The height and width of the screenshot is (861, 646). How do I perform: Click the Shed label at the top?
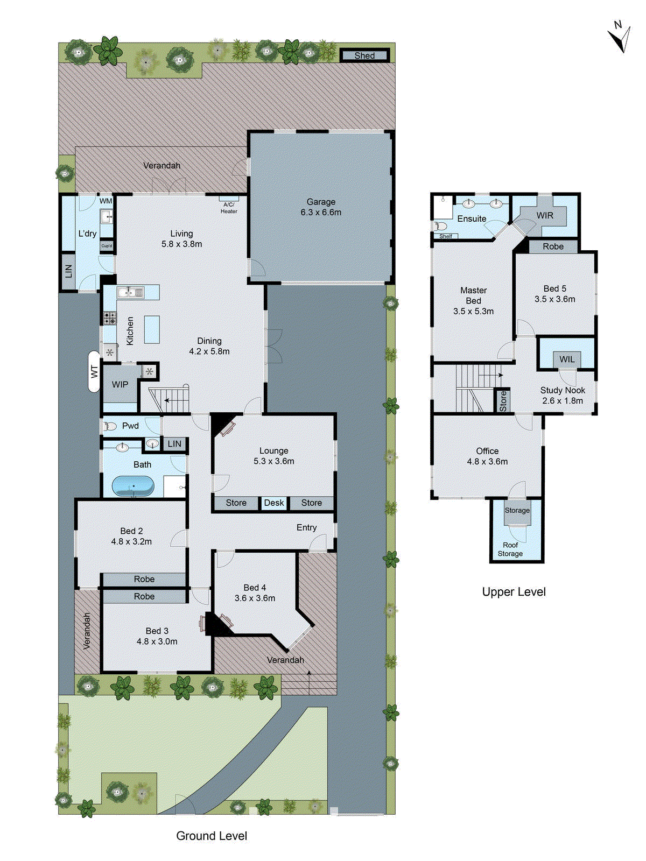click(364, 55)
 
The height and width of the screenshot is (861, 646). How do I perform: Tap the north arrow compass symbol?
click(620, 38)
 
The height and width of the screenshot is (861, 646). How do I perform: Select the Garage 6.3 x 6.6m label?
click(321, 207)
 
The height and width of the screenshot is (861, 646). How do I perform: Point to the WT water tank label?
click(94, 371)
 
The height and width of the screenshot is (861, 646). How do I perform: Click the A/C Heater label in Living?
click(229, 208)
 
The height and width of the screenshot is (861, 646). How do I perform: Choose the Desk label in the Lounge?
click(273, 503)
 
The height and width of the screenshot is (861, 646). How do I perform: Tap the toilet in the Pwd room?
click(110, 426)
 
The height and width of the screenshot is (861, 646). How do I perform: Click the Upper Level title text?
click(514, 592)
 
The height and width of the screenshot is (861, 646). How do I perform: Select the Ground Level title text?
click(212, 836)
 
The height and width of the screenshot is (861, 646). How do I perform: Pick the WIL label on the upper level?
click(567, 359)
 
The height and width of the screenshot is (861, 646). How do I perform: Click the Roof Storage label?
click(510, 549)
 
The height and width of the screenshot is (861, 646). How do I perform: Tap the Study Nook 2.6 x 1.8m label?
click(563, 396)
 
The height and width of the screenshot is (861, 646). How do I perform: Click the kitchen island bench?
click(152, 329)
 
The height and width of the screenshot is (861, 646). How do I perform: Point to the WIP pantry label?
click(120, 385)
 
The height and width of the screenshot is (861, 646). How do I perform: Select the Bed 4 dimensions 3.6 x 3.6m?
click(255, 598)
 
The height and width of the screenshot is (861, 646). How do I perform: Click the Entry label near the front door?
click(306, 528)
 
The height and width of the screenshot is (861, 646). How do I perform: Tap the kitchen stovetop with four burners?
click(109, 317)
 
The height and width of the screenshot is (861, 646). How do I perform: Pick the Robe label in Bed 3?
click(144, 596)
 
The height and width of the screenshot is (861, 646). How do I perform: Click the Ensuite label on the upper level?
click(472, 218)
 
